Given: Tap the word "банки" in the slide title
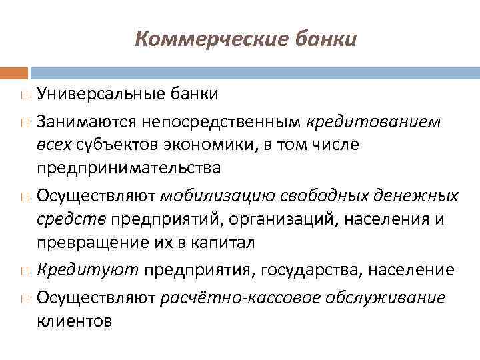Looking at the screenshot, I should click(324, 40).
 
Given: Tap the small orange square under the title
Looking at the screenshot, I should click(14, 72).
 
